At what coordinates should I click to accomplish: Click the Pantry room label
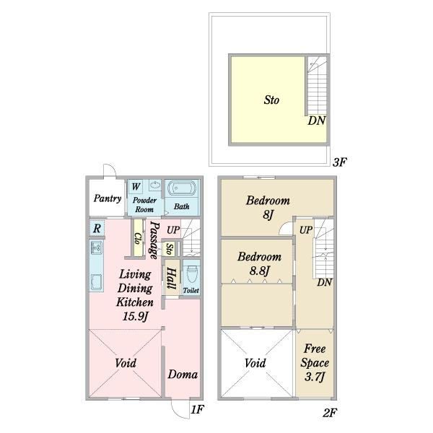[x=108, y=198]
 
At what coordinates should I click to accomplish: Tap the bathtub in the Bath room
[x=182, y=189]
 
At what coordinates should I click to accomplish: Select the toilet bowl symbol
[x=192, y=274]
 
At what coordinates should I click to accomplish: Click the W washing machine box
[x=136, y=187]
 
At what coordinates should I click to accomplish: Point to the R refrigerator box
[x=97, y=228]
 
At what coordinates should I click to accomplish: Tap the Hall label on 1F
[x=171, y=279]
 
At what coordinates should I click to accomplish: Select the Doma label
[x=183, y=375]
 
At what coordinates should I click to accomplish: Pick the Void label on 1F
[x=126, y=363]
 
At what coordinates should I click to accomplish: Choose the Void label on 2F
[x=255, y=363]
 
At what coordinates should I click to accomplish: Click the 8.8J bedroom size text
[x=259, y=271]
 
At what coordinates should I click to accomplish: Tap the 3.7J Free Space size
[x=315, y=377]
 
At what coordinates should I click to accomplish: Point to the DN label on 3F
[x=317, y=121]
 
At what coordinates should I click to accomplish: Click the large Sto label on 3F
[x=271, y=100]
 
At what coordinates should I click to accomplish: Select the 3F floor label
[x=339, y=162]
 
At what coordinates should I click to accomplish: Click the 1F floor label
[x=198, y=409]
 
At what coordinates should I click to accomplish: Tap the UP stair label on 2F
[x=306, y=229]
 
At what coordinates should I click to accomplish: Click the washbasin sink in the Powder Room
[x=155, y=185]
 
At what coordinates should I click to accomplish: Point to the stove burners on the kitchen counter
[x=97, y=248]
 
